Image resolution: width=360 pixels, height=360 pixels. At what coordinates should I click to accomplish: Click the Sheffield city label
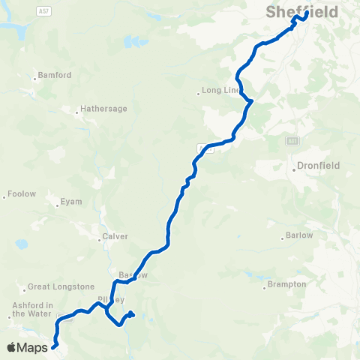[301, 12]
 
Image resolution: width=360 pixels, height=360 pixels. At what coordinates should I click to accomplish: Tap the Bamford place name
[55, 76]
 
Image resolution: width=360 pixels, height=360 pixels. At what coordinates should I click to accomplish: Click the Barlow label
[300, 236]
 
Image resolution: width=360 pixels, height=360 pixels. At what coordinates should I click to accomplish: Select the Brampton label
[289, 284]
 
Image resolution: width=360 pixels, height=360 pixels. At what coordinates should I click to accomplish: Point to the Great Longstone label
[61, 286]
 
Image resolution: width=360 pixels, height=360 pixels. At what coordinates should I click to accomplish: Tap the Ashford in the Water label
[32, 309]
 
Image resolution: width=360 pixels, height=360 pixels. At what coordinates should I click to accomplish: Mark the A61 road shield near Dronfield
[292, 140]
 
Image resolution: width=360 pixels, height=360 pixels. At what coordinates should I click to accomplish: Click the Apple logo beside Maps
[11, 347]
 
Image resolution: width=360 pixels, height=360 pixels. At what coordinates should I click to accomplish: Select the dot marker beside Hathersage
[77, 112]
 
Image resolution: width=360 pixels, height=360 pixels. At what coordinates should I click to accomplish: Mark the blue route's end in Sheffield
[306, 13]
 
